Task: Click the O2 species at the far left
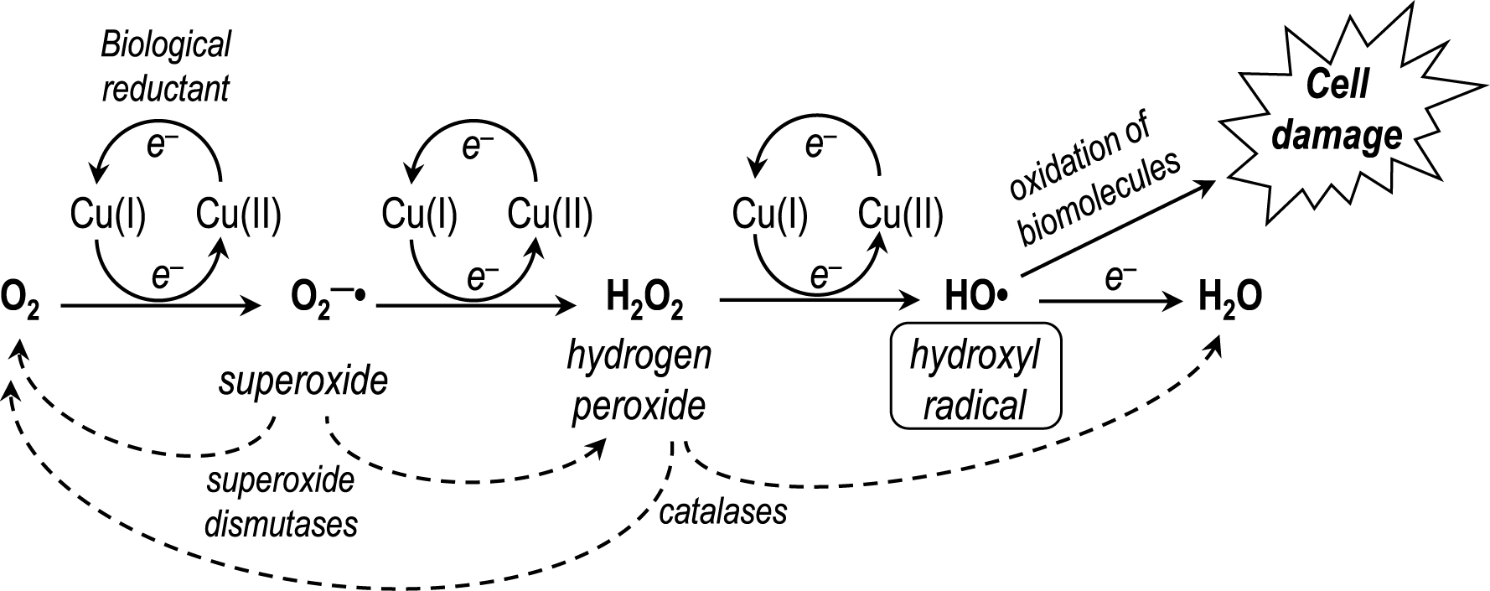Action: (x=19, y=300)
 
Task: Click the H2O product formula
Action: (x=1230, y=299)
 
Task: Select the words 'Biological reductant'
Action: (x=166, y=67)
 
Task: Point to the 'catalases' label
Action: (x=722, y=511)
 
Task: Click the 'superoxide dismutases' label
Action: (x=281, y=502)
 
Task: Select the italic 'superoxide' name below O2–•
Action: (x=303, y=382)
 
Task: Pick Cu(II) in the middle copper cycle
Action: (x=550, y=215)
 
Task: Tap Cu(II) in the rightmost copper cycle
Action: (x=900, y=215)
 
